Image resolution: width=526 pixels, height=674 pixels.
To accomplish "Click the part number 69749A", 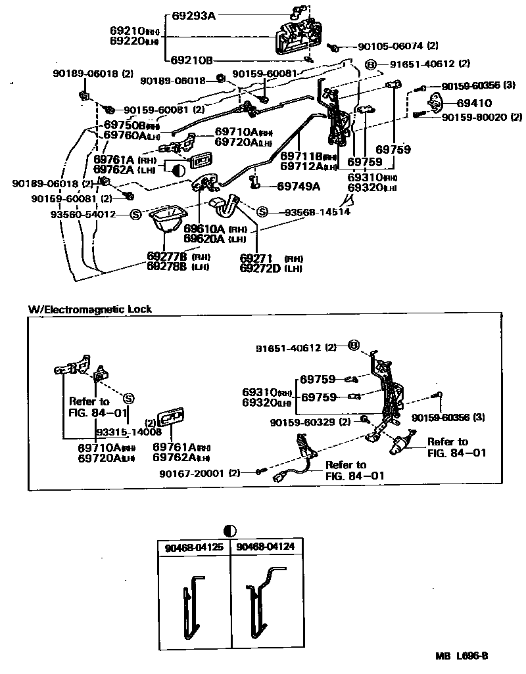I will point(298,187).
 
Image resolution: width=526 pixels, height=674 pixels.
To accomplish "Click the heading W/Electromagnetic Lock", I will point(90,309).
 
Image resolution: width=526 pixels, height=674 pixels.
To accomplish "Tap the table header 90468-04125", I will point(193,547).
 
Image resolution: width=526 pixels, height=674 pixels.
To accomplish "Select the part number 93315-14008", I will point(129,432).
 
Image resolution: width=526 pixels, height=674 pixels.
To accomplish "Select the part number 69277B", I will point(165,256).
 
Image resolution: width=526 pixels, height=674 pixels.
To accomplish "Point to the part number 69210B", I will point(192,60).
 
